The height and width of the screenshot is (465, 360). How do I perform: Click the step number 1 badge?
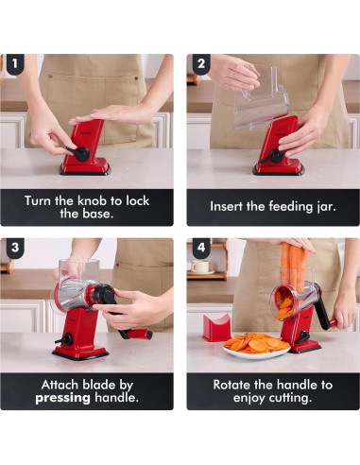(x=15, y=64)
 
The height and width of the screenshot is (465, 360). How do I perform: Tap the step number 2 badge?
(x=201, y=64)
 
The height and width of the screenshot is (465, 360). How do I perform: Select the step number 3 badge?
(x=15, y=248)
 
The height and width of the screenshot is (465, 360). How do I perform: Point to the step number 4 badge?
(x=201, y=248)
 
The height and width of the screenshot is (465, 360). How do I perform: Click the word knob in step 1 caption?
(x=92, y=200)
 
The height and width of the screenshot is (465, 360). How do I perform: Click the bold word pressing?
(x=62, y=398)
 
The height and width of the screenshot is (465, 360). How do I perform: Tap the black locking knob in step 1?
(x=80, y=154)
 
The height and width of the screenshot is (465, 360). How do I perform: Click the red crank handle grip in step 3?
(x=140, y=334)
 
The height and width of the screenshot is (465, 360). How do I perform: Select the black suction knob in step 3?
(x=65, y=339)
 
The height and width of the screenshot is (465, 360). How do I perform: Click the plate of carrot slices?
(x=256, y=345)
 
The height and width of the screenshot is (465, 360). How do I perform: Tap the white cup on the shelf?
(x=200, y=267)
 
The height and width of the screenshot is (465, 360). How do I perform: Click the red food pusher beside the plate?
(x=216, y=328)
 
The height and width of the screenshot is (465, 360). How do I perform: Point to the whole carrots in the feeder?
(x=294, y=267)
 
